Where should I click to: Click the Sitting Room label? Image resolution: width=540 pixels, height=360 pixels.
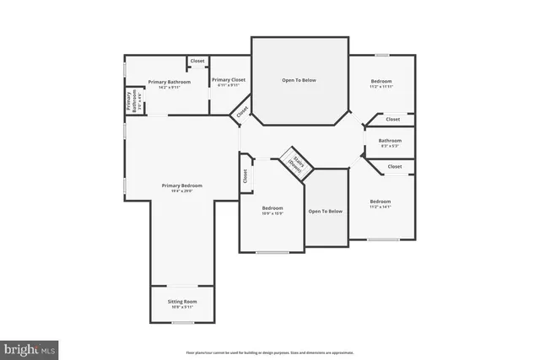[x=182, y=301]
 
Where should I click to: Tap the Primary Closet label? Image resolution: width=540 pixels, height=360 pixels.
[x=228, y=80]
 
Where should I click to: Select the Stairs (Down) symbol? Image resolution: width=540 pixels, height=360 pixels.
[x=295, y=163]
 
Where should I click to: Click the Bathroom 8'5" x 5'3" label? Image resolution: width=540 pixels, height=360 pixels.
[x=390, y=141]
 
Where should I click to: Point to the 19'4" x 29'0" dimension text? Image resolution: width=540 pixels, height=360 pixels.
[x=182, y=191]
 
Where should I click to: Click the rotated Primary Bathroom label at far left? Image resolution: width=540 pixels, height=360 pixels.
[x=132, y=100]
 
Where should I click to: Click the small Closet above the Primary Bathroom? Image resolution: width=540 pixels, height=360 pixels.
[x=197, y=61]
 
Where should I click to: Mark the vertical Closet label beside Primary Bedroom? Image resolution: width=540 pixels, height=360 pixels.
[x=246, y=176]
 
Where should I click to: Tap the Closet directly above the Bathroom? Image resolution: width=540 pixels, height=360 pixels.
[x=393, y=119]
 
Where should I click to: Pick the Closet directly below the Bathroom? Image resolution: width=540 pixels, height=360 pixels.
[x=395, y=167]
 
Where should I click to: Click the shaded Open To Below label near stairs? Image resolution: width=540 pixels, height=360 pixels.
[x=325, y=211]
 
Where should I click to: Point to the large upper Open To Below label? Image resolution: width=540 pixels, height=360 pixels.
[x=299, y=80]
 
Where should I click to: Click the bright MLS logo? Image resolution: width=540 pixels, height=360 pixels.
[x=30, y=347]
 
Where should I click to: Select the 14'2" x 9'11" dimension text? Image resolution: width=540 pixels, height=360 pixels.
[x=169, y=88]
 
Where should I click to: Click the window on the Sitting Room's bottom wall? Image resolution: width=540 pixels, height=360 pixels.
[x=182, y=323]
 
